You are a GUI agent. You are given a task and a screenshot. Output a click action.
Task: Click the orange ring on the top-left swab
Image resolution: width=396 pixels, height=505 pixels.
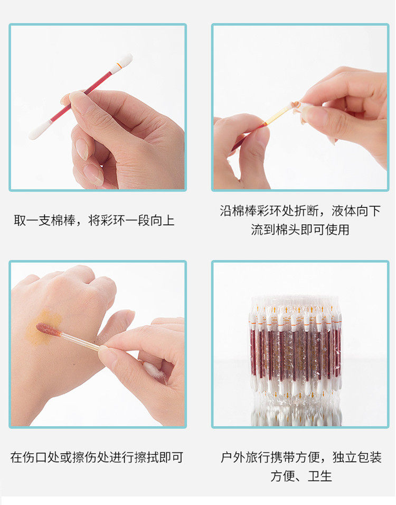(119, 66)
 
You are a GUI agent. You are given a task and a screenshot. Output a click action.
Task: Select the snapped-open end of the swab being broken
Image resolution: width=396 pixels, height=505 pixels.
(295, 106)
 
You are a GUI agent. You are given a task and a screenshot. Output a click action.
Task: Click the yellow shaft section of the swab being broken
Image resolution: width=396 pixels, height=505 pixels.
(278, 115)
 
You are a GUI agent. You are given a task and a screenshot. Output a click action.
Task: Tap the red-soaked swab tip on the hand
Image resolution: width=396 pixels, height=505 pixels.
(48, 329)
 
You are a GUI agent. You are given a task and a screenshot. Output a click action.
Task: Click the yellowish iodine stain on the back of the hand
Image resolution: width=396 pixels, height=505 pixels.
(43, 327)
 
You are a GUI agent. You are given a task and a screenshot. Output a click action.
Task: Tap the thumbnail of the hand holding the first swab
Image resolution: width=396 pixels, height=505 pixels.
(98, 107)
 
